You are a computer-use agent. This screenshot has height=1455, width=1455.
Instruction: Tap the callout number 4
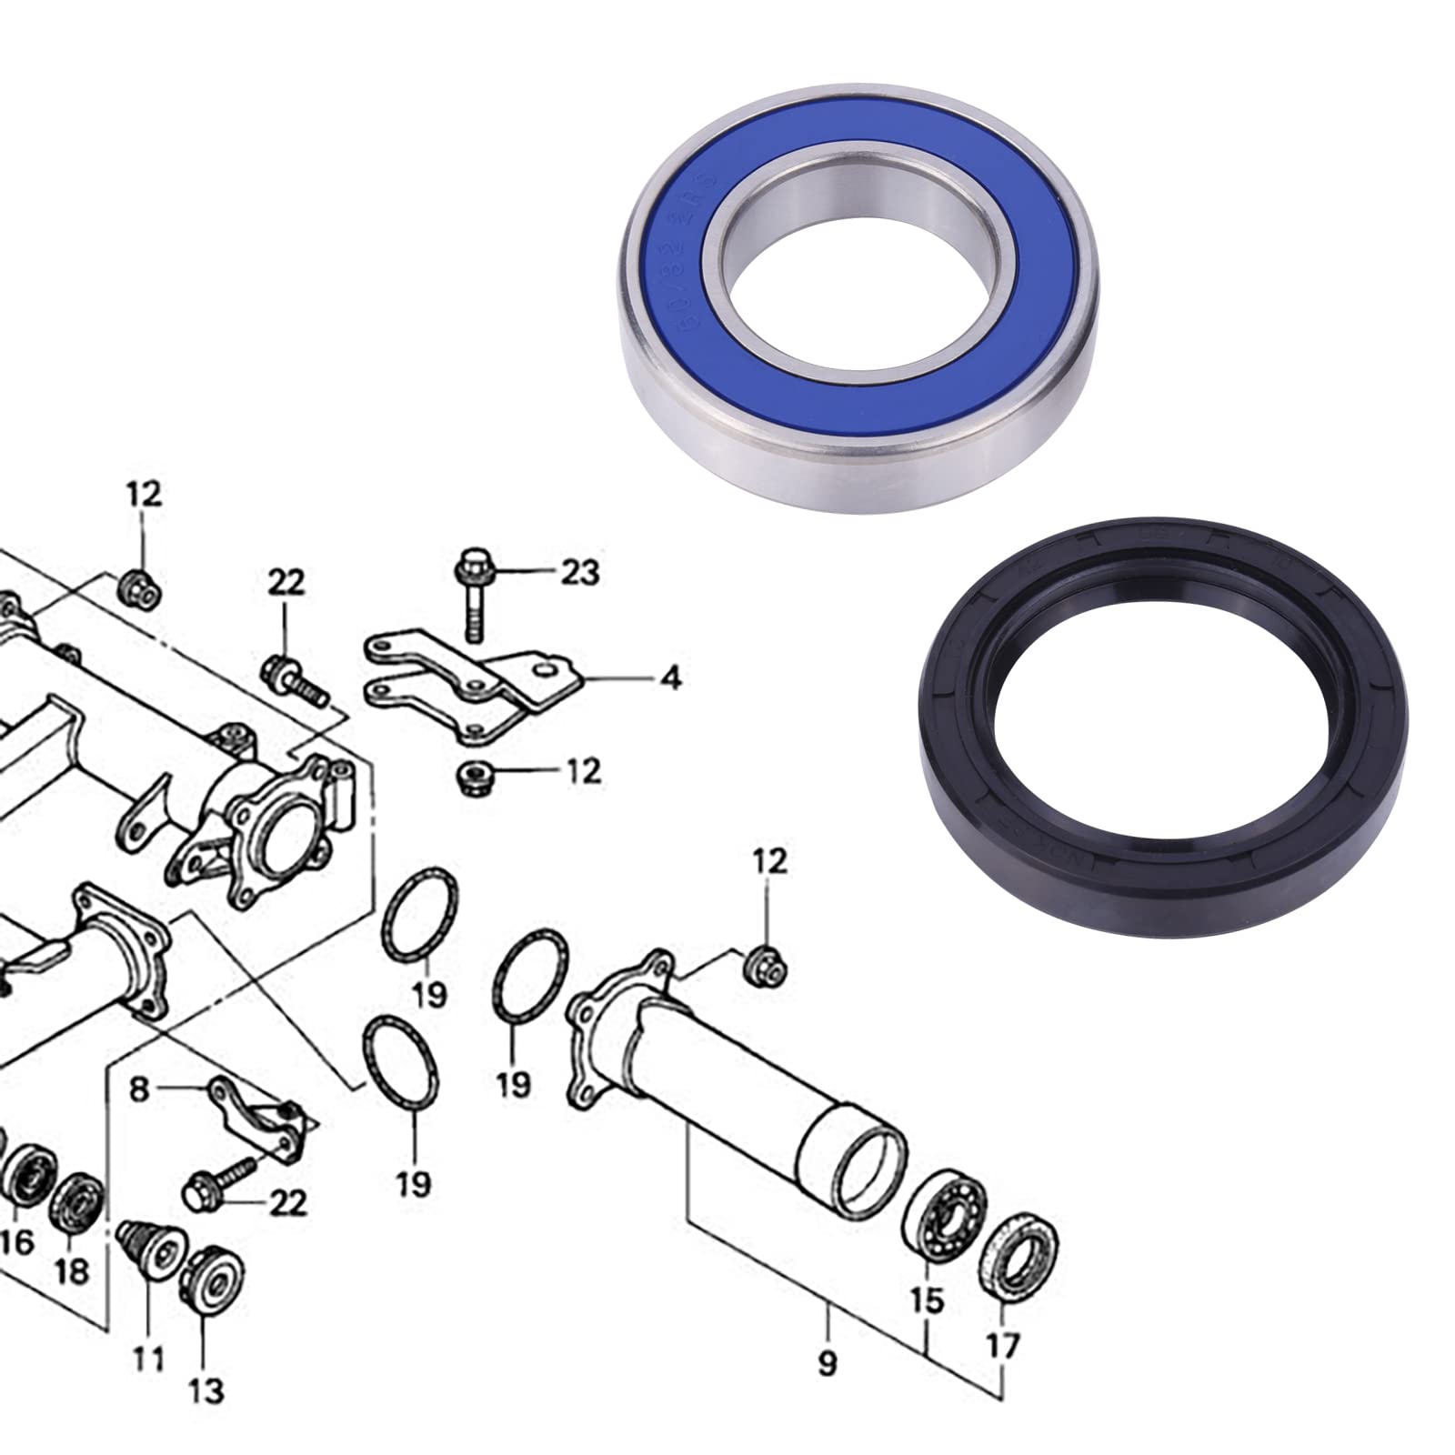tap(670, 678)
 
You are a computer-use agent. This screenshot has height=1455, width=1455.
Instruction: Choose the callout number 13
tap(208, 1389)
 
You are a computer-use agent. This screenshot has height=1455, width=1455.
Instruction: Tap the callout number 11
tap(148, 1359)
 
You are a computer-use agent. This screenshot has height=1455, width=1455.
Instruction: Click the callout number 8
tap(138, 1089)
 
